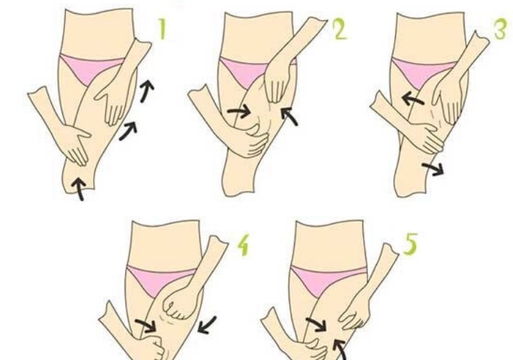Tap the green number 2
(x=339, y=29)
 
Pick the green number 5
(x=410, y=244)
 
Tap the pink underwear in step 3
(x=422, y=73)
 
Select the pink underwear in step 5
(x=322, y=280)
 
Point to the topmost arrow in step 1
(x=147, y=90)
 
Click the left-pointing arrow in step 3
(x=412, y=99)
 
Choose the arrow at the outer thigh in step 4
(x=207, y=324)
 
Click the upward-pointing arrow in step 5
(x=340, y=350)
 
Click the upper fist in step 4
(x=179, y=303)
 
